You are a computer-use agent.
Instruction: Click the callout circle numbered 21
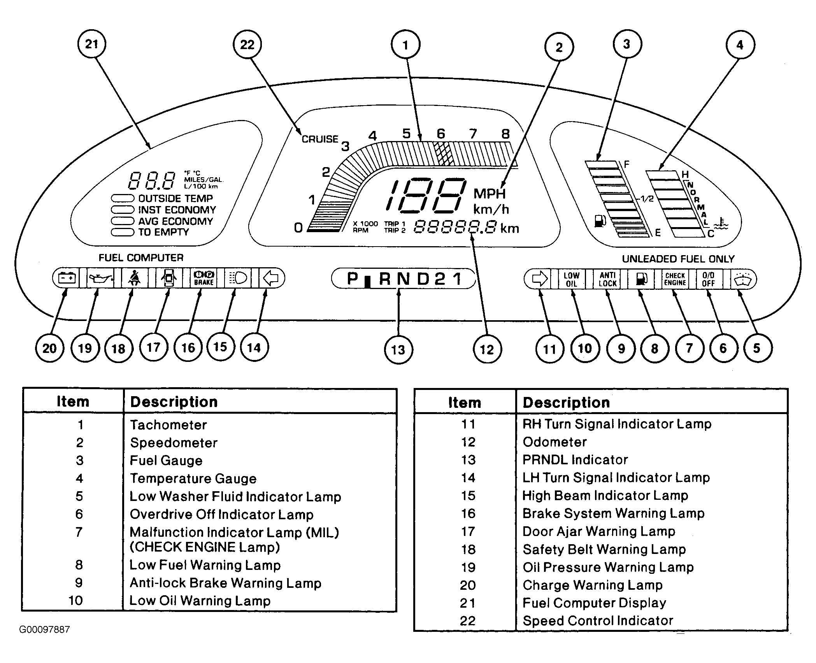92,44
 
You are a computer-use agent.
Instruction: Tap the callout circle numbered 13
398,350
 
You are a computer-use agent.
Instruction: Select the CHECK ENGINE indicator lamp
675,279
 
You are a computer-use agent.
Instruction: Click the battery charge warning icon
67,278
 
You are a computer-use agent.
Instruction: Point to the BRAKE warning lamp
204,278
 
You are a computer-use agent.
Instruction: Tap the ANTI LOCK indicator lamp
607,279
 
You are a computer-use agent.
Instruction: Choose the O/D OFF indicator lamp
708,279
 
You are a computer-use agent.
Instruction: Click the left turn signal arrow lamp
271,278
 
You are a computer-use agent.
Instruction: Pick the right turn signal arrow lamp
539,279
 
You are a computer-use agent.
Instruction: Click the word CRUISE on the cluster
320,139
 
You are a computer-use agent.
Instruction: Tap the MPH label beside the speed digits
490,194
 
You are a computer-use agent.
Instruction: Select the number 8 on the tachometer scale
505,134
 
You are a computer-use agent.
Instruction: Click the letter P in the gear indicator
353,279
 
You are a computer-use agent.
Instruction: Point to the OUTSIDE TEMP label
175,198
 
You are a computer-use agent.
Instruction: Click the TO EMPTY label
163,232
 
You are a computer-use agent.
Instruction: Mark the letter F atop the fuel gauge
626,164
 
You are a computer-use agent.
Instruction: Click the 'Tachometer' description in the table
168,425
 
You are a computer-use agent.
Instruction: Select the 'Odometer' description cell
555,442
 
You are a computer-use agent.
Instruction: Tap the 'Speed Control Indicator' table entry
598,621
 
